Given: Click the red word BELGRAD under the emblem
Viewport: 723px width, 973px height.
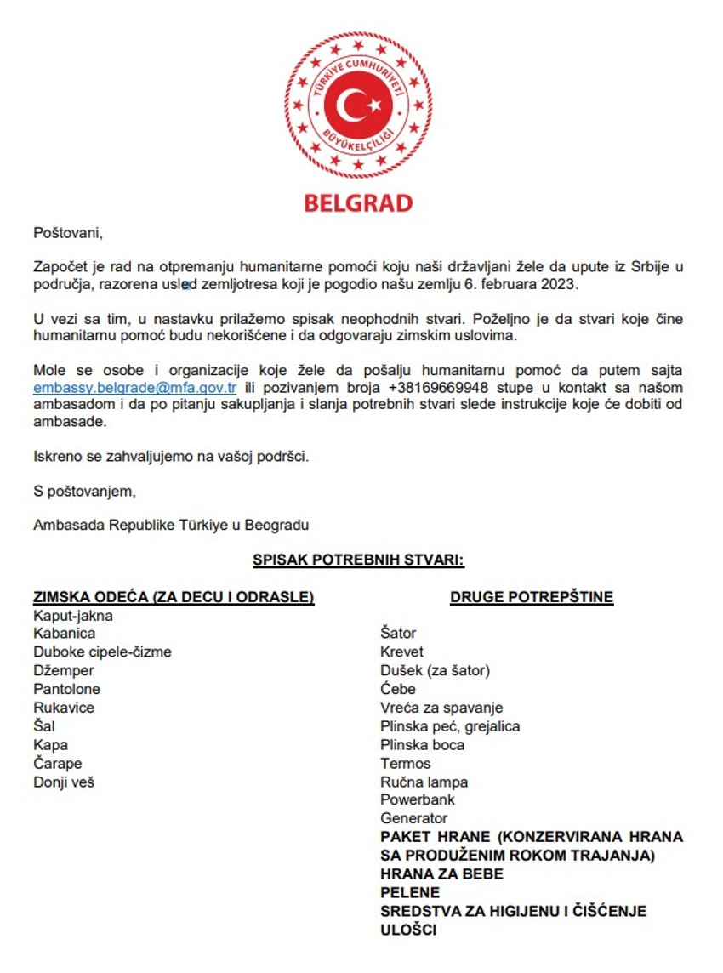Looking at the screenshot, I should coord(358,202).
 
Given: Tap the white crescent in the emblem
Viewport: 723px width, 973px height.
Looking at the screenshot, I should coord(351,105).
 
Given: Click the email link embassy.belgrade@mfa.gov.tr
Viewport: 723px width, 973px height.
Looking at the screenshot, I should coord(134,388).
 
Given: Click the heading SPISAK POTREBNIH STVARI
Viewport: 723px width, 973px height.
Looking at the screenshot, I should coord(358,560).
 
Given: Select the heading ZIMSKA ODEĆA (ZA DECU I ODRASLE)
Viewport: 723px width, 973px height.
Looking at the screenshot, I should coord(174,597).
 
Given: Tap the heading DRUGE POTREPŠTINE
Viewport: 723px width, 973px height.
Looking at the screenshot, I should coord(532,597).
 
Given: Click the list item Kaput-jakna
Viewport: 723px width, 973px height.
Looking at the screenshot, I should coord(73,615).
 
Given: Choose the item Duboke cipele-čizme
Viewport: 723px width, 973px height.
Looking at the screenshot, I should coord(102,652).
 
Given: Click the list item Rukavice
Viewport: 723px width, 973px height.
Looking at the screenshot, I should coord(64,708).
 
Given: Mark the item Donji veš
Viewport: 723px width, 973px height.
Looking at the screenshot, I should coord(64,782).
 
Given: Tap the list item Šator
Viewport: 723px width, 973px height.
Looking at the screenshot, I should coord(398,633).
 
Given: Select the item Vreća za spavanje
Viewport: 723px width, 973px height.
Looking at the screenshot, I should coord(441,708).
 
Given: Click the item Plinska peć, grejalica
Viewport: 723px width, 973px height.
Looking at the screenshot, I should coord(450,726).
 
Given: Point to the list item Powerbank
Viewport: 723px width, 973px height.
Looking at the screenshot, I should coord(418,800).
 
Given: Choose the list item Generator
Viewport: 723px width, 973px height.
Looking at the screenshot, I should coord(413,818).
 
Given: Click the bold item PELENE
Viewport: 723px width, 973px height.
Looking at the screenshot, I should coord(410,892).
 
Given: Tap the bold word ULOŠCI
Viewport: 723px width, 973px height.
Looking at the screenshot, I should coord(408,930).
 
